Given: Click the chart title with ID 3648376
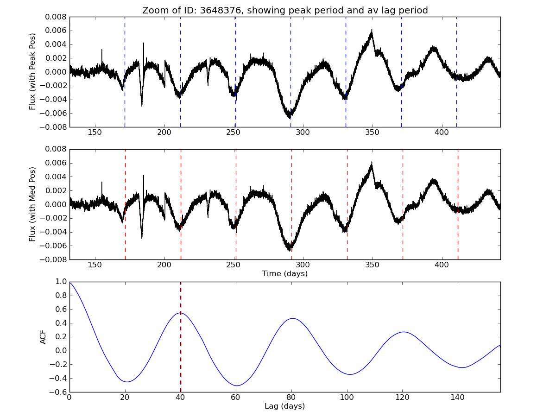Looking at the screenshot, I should pyautogui.click(x=285, y=10).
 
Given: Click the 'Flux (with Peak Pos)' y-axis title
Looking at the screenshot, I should pyautogui.click(x=32, y=71).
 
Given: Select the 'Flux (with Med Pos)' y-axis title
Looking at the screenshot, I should pyautogui.click(x=32, y=204).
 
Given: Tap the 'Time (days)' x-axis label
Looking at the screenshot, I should pyautogui.click(x=285, y=274).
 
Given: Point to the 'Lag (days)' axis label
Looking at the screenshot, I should pyautogui.click(x=285, y=406).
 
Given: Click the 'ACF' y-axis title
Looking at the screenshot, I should pyautogui.click(x=43, y=337).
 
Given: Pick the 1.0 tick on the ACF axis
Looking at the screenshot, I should pyautogui.click(x=61, y=282).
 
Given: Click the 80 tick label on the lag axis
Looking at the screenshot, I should pyautogui.click(x=291, y=399).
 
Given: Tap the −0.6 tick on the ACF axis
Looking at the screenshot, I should pyautogui.click(x=58, y=392).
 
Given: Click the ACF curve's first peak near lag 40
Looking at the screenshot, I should pyautogui.click(x=180, y=313).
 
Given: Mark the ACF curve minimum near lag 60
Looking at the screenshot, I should pyautogui.click(x=237, y=385).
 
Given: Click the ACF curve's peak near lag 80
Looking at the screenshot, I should pyautogui.click(x=292, y=318).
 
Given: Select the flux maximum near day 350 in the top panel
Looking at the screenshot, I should pyautogui.click(x=372, y=32).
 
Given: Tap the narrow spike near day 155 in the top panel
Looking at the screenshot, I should pyautogui.click(x=102, y=50).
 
